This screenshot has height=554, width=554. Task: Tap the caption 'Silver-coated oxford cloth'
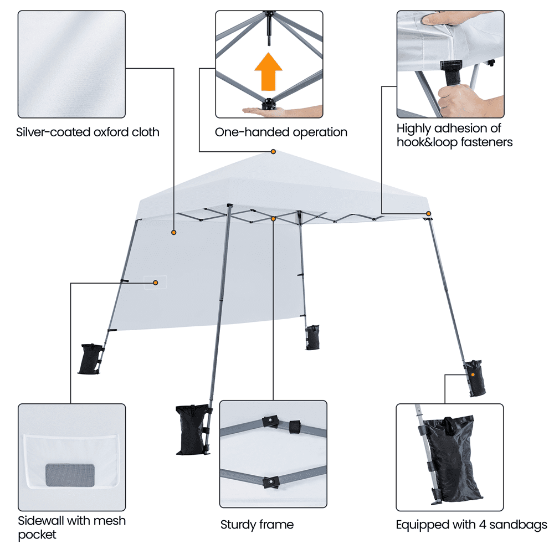pos(88,132)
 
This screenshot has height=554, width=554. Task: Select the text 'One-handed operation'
pos(281,132)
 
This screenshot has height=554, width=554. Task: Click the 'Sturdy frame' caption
pos(257,524)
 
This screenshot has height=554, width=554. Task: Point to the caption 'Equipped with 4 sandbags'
pos(471,524)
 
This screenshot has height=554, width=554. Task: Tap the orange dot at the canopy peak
pos(273,152)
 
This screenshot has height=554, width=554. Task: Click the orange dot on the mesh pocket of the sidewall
pos(156,283)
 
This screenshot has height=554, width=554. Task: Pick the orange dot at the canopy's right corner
pos(428,214)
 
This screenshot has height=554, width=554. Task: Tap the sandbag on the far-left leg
pos(91,359)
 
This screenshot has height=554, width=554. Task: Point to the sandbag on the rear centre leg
pos(314,337)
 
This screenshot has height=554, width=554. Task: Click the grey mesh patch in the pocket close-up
pos(69,475)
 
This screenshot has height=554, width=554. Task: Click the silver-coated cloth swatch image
pos(71,64)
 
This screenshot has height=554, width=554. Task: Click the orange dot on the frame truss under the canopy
pos(274,219)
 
